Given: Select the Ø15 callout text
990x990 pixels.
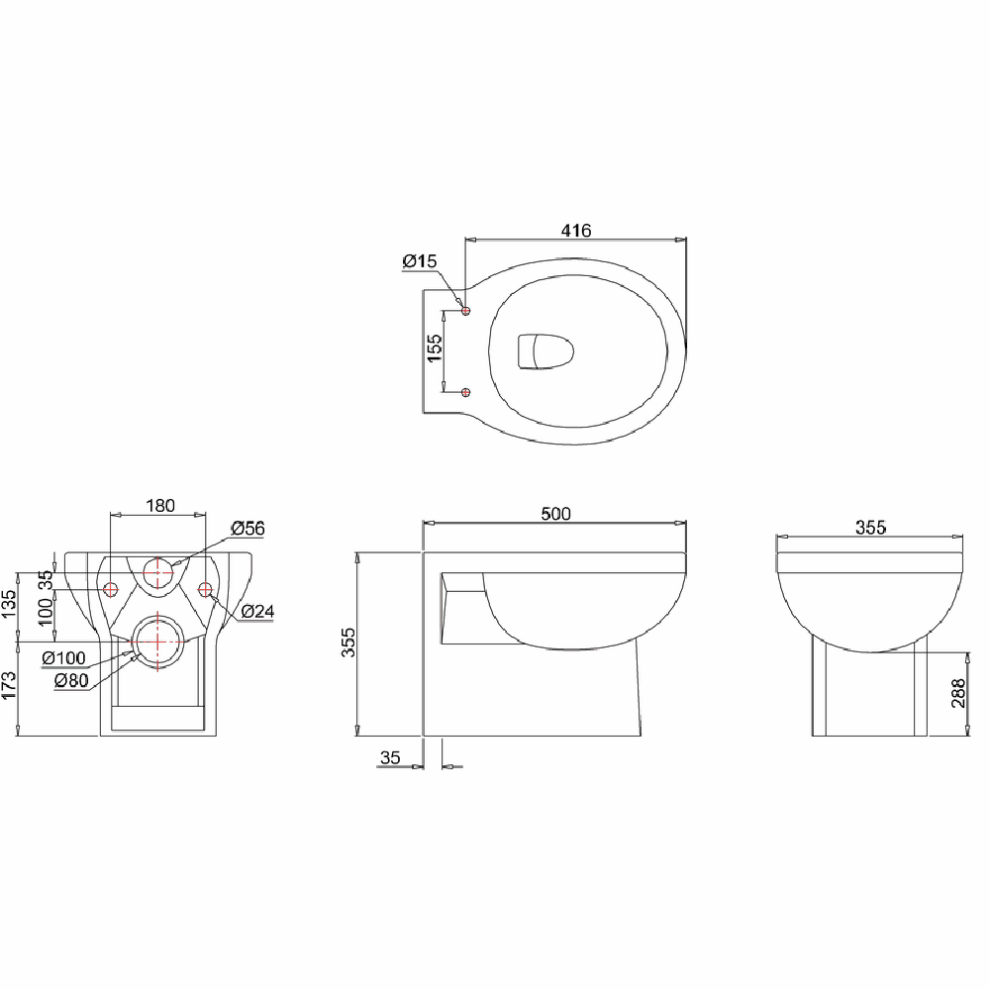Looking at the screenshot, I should (419, 261).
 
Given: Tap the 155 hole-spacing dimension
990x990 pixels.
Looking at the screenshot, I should (435, 348).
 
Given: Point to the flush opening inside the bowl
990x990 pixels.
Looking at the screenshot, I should (544, 351).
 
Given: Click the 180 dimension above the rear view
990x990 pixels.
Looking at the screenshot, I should (159, 506).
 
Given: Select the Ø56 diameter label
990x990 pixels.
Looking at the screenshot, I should (247, 529).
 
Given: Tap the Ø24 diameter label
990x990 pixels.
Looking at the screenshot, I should (256, 612).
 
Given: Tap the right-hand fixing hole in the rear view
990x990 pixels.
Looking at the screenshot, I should (206, 590).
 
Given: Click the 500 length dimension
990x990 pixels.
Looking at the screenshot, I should (555, 513).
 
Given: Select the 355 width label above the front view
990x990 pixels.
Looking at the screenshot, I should (869, 528).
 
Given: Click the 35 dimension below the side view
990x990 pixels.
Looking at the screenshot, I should (390, 758).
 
